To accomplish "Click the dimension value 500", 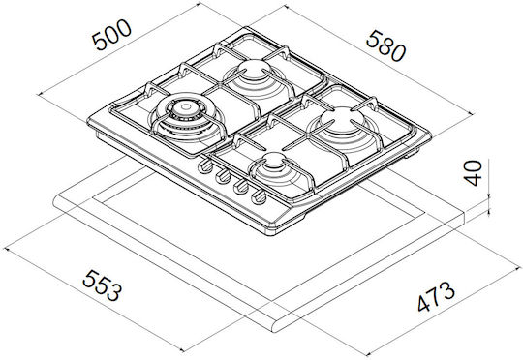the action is click(x=111, y=35).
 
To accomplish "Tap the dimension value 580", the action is click(x=385, y=46).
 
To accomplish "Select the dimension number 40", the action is click(x=474, y=173).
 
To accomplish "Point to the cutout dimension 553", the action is click(x=102, y=285).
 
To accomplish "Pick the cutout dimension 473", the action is click(x=436, y=296).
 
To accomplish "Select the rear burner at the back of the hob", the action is click(x=255, y=75).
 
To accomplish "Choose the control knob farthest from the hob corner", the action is click(x=204, y=166).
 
